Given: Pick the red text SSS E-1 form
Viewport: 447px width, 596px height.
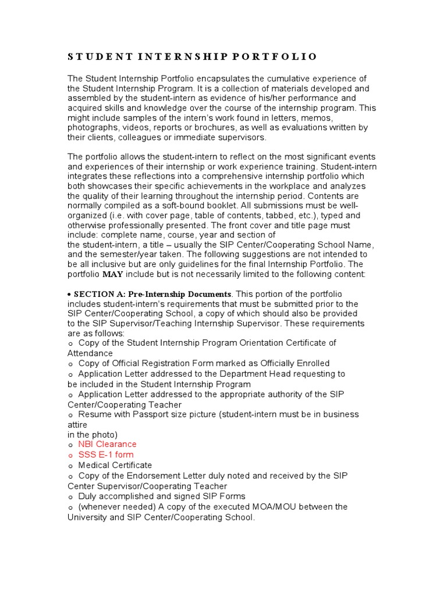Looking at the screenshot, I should pos(106,455).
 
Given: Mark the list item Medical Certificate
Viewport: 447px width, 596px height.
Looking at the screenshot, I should pos(115,465).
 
